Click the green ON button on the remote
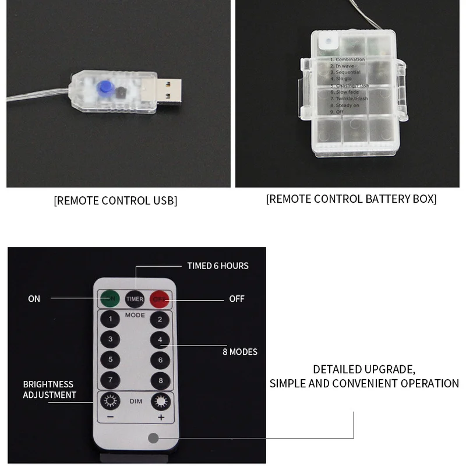(x=110, y=299)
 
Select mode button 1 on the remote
(x=110, y=320)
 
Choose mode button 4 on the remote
(x=160, y=340)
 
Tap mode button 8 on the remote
(x=160, y=380)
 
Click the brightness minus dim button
(x=110, y=402)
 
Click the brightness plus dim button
(x=160, y=402)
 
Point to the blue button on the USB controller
(x=105, y=87)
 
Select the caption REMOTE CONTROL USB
(x=115, y=201)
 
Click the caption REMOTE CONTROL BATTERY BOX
(x=351, y=199)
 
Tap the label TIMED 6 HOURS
(x=217, y=266)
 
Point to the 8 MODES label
(x=239, y=352)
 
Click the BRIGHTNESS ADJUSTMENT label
(x=50, y=390)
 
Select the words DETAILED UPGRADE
(x=363, y=369)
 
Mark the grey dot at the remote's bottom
(x=154, y=438)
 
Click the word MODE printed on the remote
(x=135, y=315)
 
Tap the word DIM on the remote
(x=135, y=401)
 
